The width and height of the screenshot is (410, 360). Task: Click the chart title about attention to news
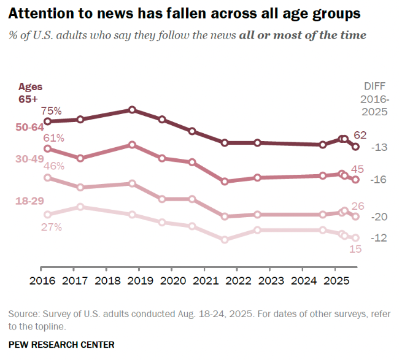[x=184, y=13]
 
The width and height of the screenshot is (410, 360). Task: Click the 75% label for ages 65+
[x=52, y=111]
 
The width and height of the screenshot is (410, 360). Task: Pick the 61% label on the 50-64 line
[x=53, y=137]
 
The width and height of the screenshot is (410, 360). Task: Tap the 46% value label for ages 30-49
[x=53, y=166]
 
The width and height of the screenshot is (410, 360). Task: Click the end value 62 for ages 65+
[x=361, y=135]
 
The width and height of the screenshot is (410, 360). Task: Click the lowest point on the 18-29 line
[x=225, y=240]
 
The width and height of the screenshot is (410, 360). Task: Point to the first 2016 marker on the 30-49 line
[x=47, y=178]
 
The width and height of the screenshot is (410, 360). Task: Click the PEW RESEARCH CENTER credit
[x=61, y=344]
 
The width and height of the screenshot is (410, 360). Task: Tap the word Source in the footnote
[x=23, y=314]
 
